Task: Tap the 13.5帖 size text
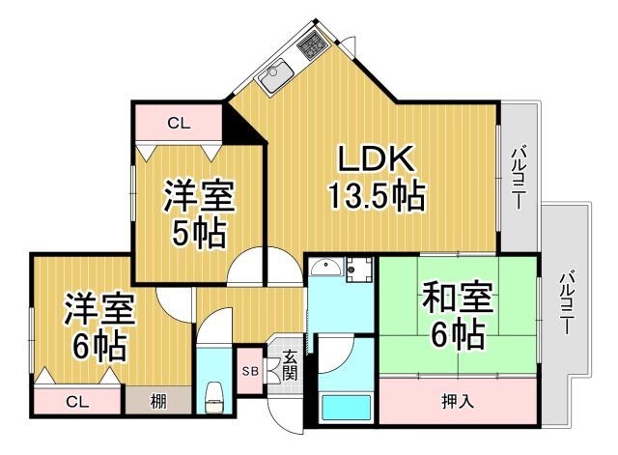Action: pyautogui.click(x=376, y=198)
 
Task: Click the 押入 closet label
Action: pyautogui.click(x=458, y=399)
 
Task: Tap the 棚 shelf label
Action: pyautogui.click(x=156, y=400)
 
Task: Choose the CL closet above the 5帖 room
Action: pyautogui.click(x=178, y=123)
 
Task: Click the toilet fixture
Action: pyautogui.click(x=214, y=396)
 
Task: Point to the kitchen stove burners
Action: pyautogui.click(x=313, y=43)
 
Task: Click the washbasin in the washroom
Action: pyautogui.click(x=328, y=268)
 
